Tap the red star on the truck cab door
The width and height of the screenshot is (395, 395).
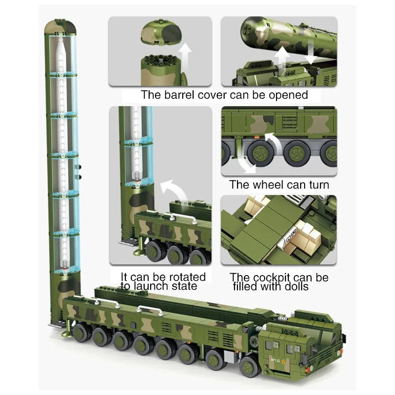(283, 362)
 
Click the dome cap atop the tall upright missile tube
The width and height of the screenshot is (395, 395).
(60, 27)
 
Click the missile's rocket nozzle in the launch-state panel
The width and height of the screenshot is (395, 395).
(136, 176)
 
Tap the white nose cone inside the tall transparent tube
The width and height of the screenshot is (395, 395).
(61, 45)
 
